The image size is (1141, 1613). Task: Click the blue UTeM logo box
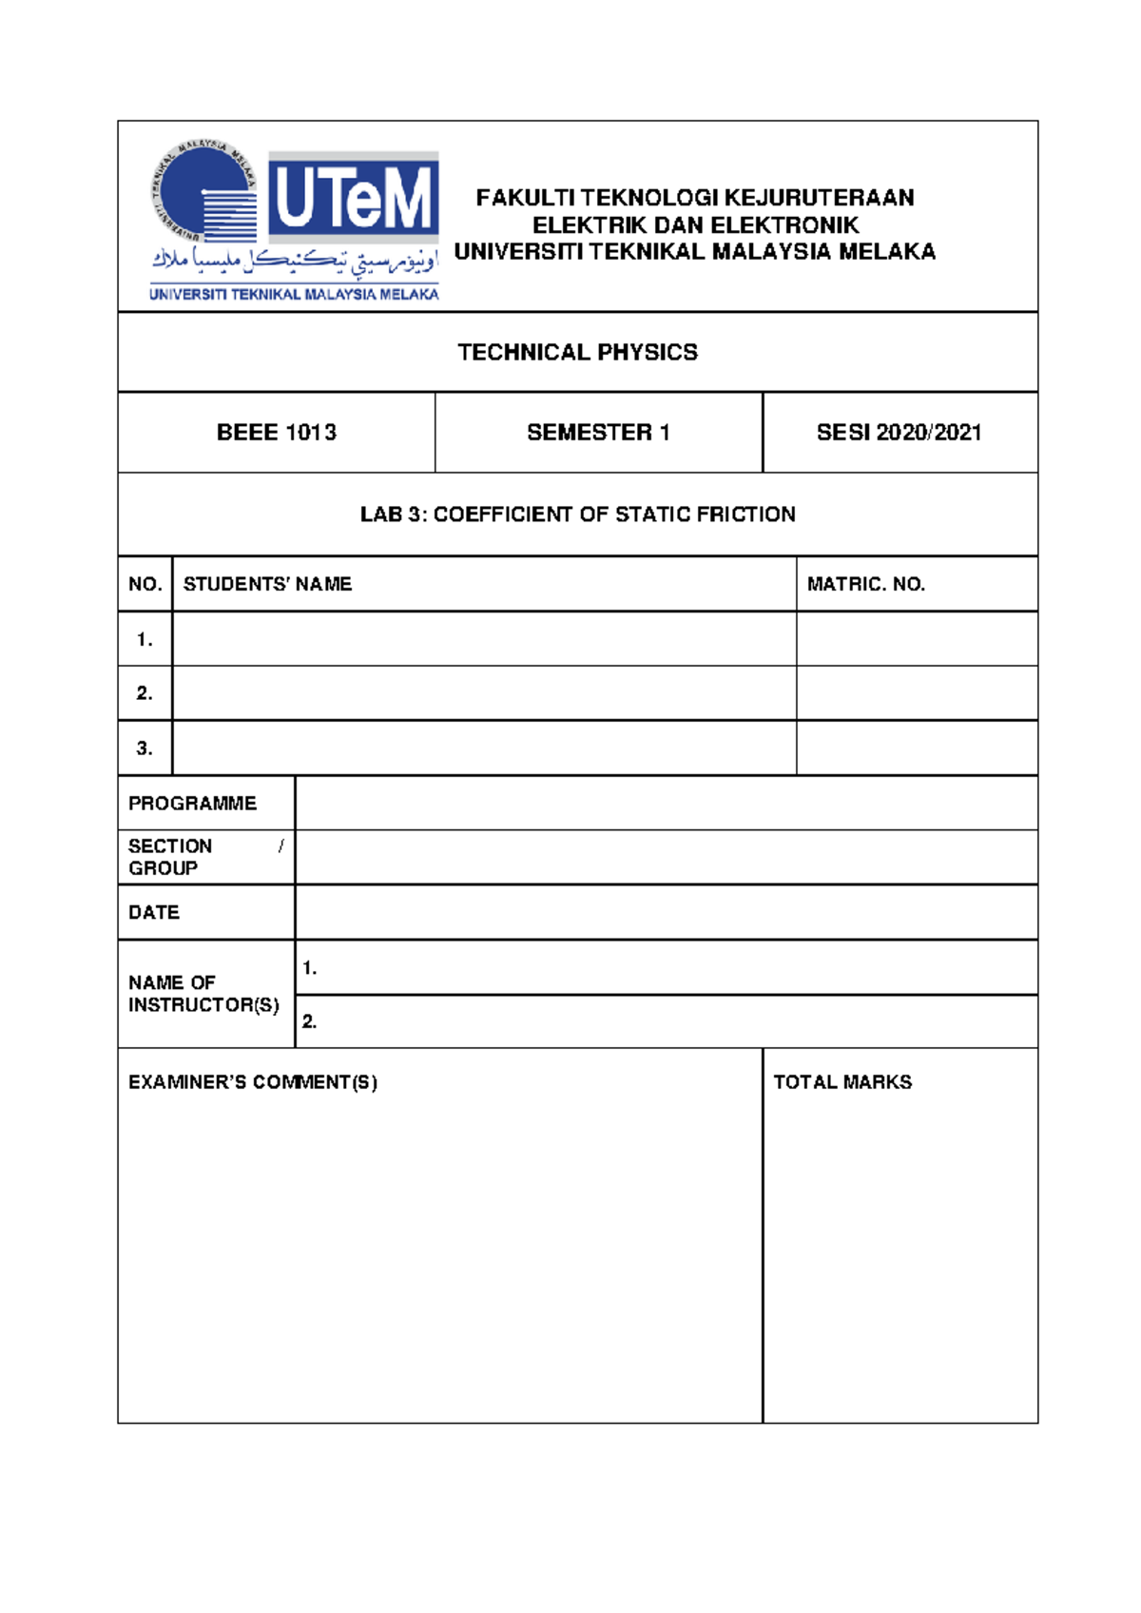click(353, 198)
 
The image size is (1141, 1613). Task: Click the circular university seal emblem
click(204, 191)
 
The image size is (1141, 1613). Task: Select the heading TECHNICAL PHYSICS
click(577, 353)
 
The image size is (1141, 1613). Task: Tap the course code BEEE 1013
click(277, 433)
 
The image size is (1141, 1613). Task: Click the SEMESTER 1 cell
click(598, 433)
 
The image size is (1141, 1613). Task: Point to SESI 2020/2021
click(899, 433)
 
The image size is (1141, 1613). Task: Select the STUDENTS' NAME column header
click(267, 584)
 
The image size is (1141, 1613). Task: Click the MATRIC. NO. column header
click(865, 584)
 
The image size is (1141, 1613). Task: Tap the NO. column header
click(145, 584)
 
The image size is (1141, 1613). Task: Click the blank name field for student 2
click(484, 693)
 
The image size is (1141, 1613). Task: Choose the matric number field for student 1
click(917, 639)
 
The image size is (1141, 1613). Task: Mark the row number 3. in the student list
click(145, 748)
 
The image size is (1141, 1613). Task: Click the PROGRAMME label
click(192, 804)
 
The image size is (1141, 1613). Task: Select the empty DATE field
click(666, 913)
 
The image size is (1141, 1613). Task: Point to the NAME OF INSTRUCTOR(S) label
click(203, 994)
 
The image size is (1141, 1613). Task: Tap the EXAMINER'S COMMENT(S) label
click(253, 1082)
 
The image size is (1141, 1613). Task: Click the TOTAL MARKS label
click(842, 1082)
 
